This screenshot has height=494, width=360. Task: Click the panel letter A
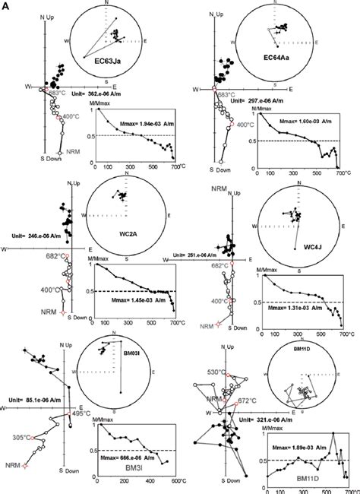(x=5, y=5)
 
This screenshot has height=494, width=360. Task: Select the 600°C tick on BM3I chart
(x=174, y=482)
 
